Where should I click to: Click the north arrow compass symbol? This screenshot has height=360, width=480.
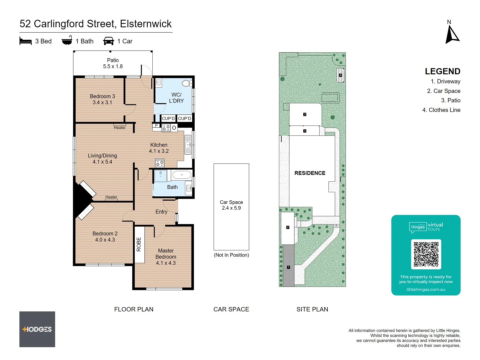[x=452, y=35]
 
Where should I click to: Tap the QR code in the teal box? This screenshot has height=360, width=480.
[x=426, y=254]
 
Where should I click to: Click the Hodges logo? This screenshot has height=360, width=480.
[x=37, y=329]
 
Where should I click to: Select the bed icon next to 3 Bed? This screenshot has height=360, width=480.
[x=26, y=41]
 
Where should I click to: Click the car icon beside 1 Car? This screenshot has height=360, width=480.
[x=109, y=41]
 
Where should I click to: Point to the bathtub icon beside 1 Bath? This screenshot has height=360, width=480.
[x=67, y=40]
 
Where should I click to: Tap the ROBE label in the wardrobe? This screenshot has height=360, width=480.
[x=139, y=244]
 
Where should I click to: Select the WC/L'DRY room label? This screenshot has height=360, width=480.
[x=176, y=98]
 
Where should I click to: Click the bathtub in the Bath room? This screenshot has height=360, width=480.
[x=182, y=175]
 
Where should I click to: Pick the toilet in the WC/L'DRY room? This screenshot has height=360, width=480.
[x=187, y=83]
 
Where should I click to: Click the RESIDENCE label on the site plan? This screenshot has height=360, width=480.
[x=310, y=173]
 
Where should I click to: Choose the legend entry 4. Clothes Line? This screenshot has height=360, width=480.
[x=441, y=110]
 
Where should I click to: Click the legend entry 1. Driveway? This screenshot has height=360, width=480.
[x=445, y=81]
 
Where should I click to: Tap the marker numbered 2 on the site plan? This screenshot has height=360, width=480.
[x=288, y=227]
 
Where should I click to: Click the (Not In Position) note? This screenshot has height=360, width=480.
[x=231, y=255]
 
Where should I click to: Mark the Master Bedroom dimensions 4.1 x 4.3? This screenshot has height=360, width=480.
[x=166, y=263]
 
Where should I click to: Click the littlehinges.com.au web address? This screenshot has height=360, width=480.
[x=426, y=289]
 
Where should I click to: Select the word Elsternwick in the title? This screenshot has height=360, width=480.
[x=146, y=24]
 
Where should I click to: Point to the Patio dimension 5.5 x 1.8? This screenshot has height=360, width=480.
[x=113, y=66]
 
